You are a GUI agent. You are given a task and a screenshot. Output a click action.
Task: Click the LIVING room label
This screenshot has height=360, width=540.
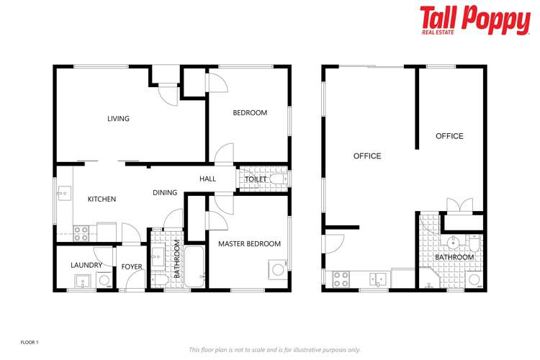(x=118, y=119)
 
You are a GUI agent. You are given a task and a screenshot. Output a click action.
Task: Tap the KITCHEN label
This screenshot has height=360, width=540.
(x=102, y=199)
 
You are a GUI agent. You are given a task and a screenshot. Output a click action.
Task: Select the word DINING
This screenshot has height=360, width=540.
(x=165, y=193)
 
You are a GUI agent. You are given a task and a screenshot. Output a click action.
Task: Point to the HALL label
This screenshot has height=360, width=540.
(x=207, y=179)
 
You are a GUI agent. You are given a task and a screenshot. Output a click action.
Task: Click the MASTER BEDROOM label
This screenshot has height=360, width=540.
(x=249, y=244)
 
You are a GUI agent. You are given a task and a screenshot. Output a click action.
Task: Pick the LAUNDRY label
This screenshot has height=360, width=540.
(x=86, y=266)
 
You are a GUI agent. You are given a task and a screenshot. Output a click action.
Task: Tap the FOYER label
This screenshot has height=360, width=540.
(x=132, y=267)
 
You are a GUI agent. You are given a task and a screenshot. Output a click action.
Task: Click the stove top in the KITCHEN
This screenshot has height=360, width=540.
(x=81, y=233)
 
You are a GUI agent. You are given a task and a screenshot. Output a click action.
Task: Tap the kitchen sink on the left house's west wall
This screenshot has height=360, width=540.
(x=63, y=193)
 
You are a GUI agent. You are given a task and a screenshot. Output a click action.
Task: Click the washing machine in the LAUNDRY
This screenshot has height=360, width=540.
(x=104, y=280)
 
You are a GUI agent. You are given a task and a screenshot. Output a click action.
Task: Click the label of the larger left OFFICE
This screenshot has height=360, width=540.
(x=367, y=156)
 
